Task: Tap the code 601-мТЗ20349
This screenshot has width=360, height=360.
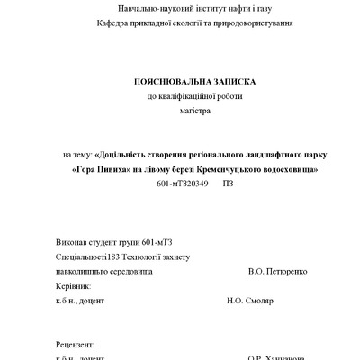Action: click(x=183, y=184)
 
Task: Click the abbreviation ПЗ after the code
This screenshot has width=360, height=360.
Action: click(x=228, y=184)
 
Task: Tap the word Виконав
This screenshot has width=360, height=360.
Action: click(x=71, y=241)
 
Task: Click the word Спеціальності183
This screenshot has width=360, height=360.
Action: click(x=92, y=256)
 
